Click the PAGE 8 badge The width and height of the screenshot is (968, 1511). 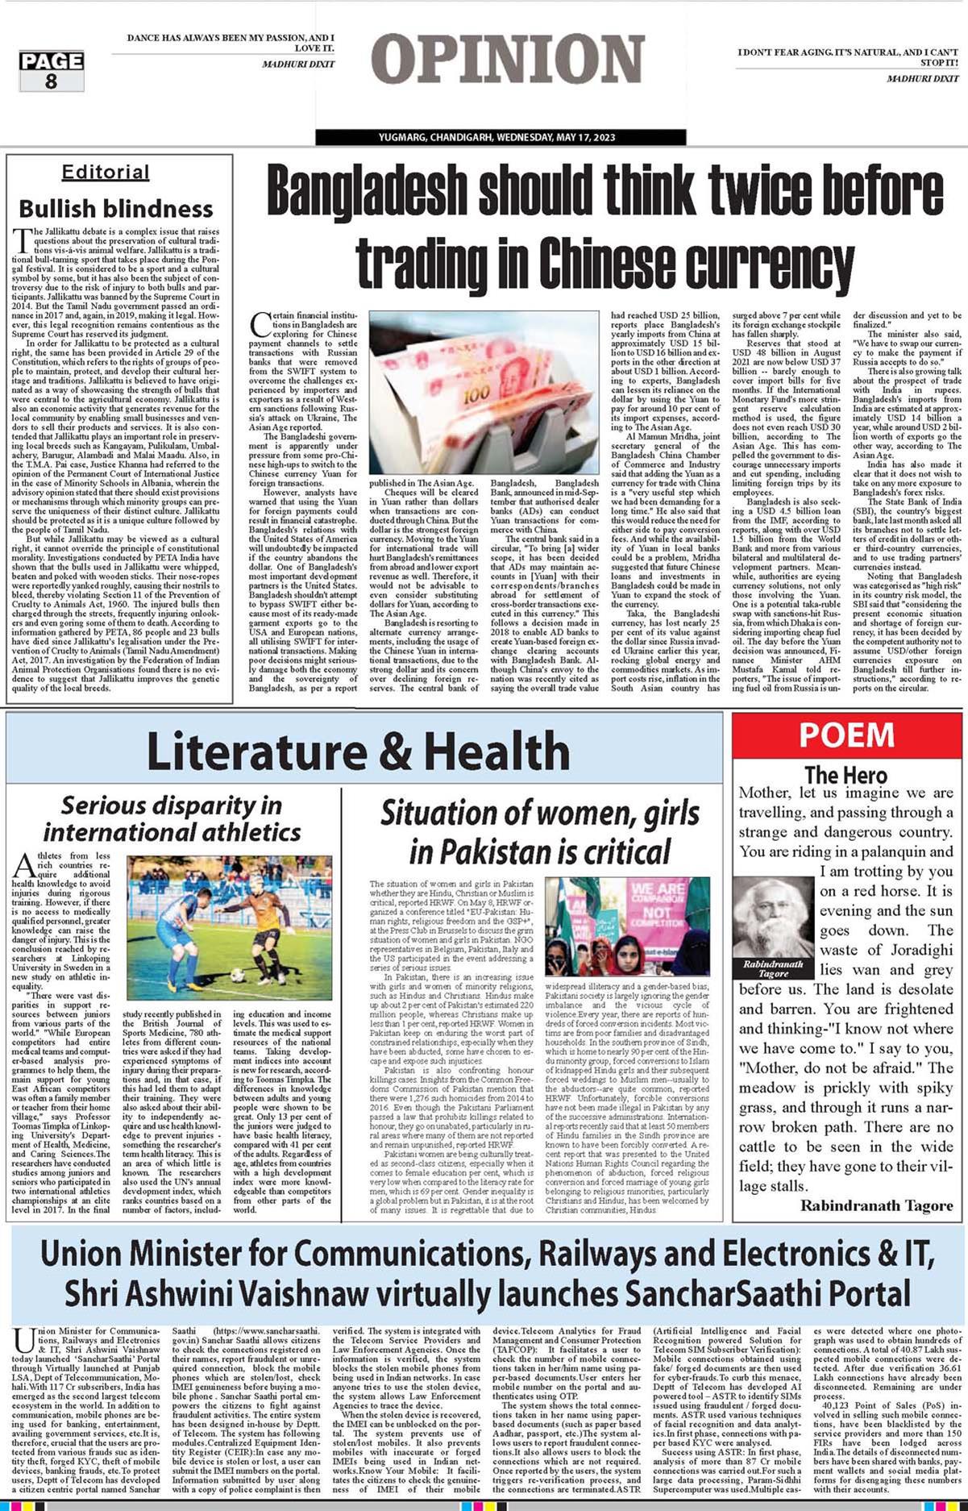[52, 71]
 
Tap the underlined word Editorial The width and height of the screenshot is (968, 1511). [106, 172]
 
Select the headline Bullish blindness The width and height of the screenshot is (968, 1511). [115, 209]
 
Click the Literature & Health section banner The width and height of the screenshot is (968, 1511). [358, 751]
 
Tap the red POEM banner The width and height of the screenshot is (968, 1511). [846, 735]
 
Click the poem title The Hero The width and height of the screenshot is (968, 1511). [845, 775]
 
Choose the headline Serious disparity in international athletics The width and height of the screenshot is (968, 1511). [172, 818]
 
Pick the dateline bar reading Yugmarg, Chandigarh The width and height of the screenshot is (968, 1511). [500, 137]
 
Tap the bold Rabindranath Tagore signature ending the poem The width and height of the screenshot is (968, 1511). [876, 1205]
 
